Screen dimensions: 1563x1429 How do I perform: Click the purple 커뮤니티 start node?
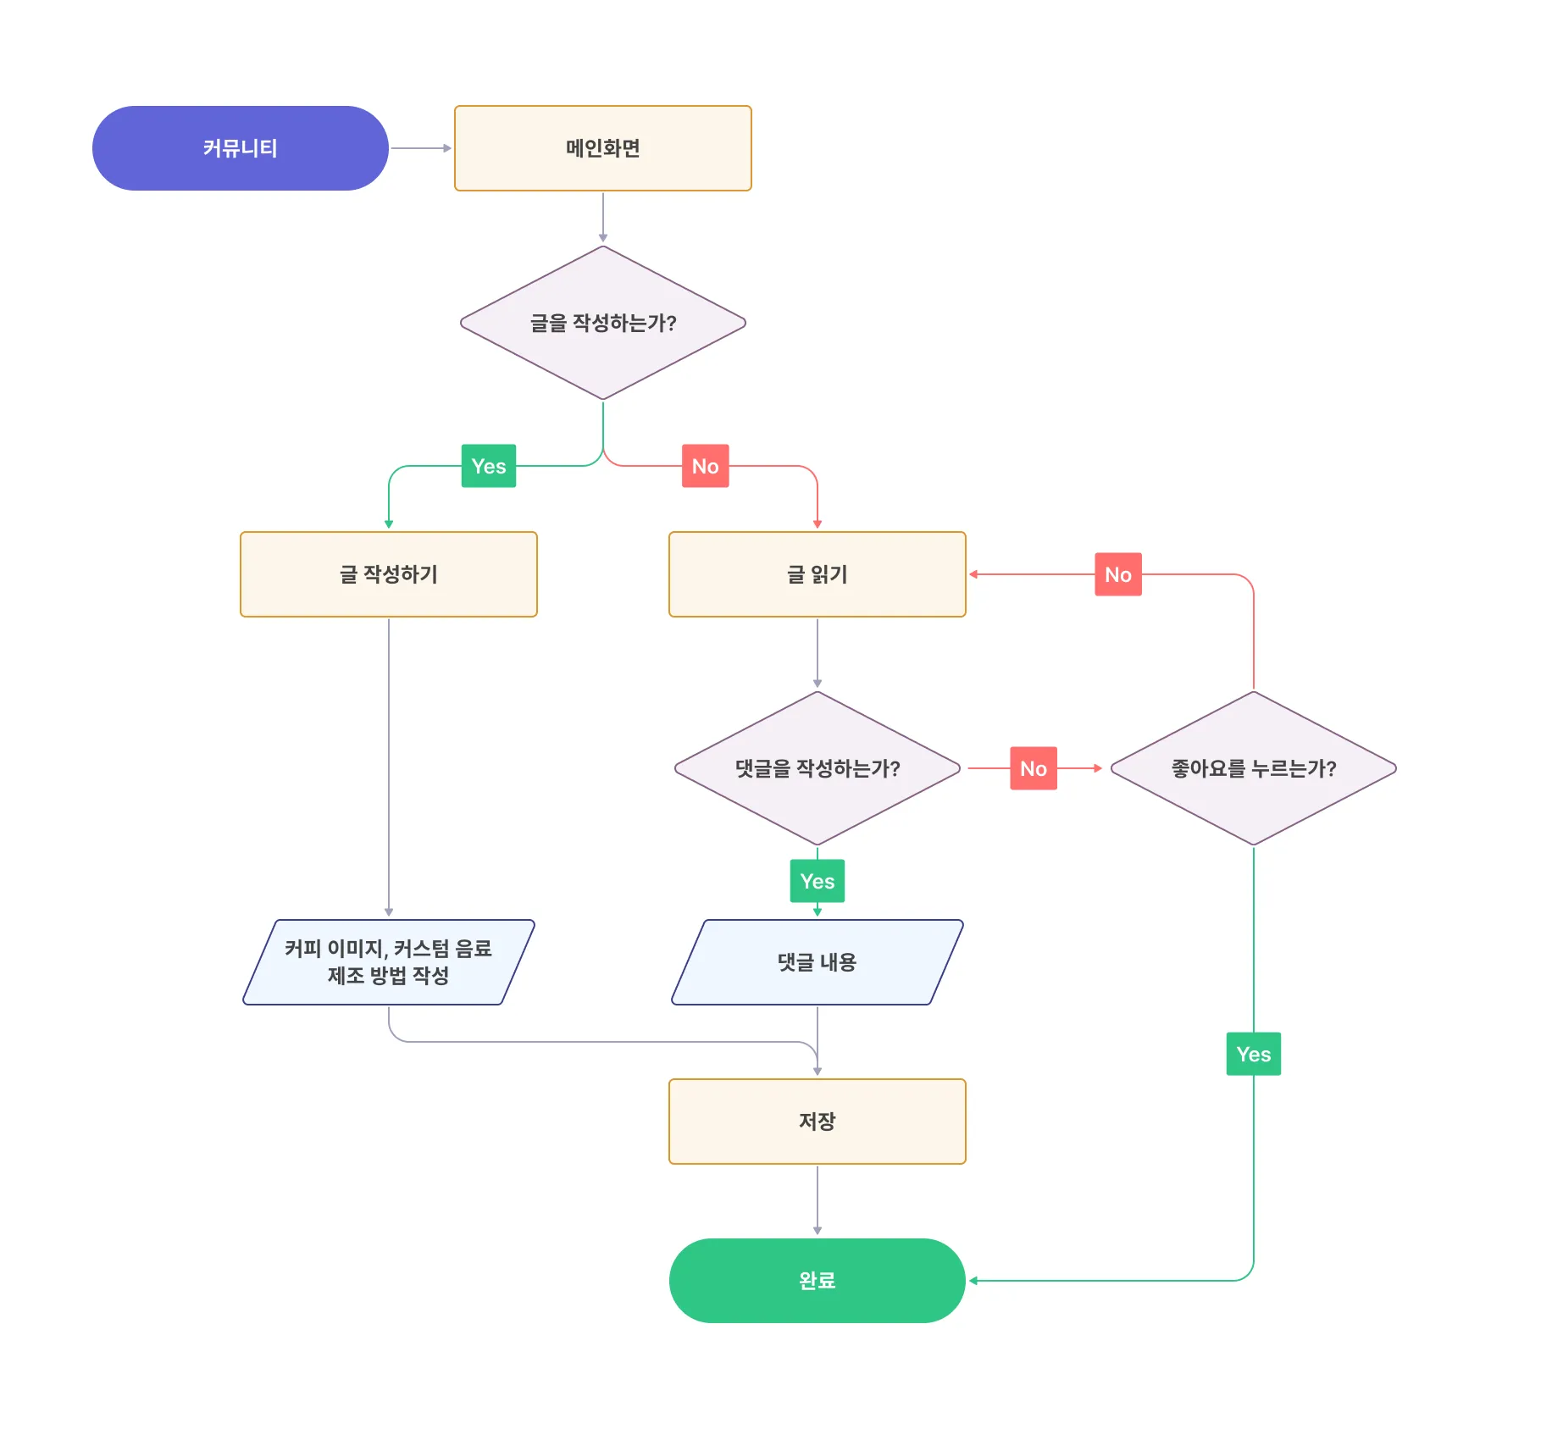(x=241, y=148)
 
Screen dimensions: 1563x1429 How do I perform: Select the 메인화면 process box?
(x=603, y=148)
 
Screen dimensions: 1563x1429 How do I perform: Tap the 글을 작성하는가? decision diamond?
(x=603, y=323)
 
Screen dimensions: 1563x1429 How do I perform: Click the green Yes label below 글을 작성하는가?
(x=489, y=466)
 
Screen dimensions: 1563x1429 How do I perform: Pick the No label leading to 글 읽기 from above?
(x=706, y=466)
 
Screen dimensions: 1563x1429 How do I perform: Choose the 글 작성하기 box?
(x=389, y=574)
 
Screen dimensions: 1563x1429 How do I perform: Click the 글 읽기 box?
(x=818, y=574)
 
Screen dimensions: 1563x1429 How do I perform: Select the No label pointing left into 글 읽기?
(x=1118, y=574)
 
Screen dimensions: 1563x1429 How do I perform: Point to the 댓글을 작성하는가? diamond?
(x=818, y=768)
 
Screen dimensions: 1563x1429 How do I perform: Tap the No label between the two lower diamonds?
(x=1034, y=768)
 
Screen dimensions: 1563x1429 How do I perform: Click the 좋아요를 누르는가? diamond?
(x=1254, y=768)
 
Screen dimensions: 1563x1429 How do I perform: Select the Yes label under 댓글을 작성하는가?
(x=818, y=881)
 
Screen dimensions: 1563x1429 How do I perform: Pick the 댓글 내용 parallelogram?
(x=818, y=962)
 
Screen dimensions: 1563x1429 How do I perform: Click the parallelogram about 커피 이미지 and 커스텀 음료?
(x=389, y=962)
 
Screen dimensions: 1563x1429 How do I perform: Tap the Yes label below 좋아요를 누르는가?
(x=1254, y=1054)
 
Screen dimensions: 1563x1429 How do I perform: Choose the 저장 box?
(x=818, y=1122)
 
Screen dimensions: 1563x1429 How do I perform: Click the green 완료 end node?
(x=818, y=1281)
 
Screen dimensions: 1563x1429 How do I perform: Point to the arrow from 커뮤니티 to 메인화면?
(x=421, y=148)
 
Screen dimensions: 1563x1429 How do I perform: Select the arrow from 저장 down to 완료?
(x=818, y=1200)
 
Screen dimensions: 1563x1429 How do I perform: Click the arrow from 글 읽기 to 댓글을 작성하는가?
(x=818, y=653)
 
